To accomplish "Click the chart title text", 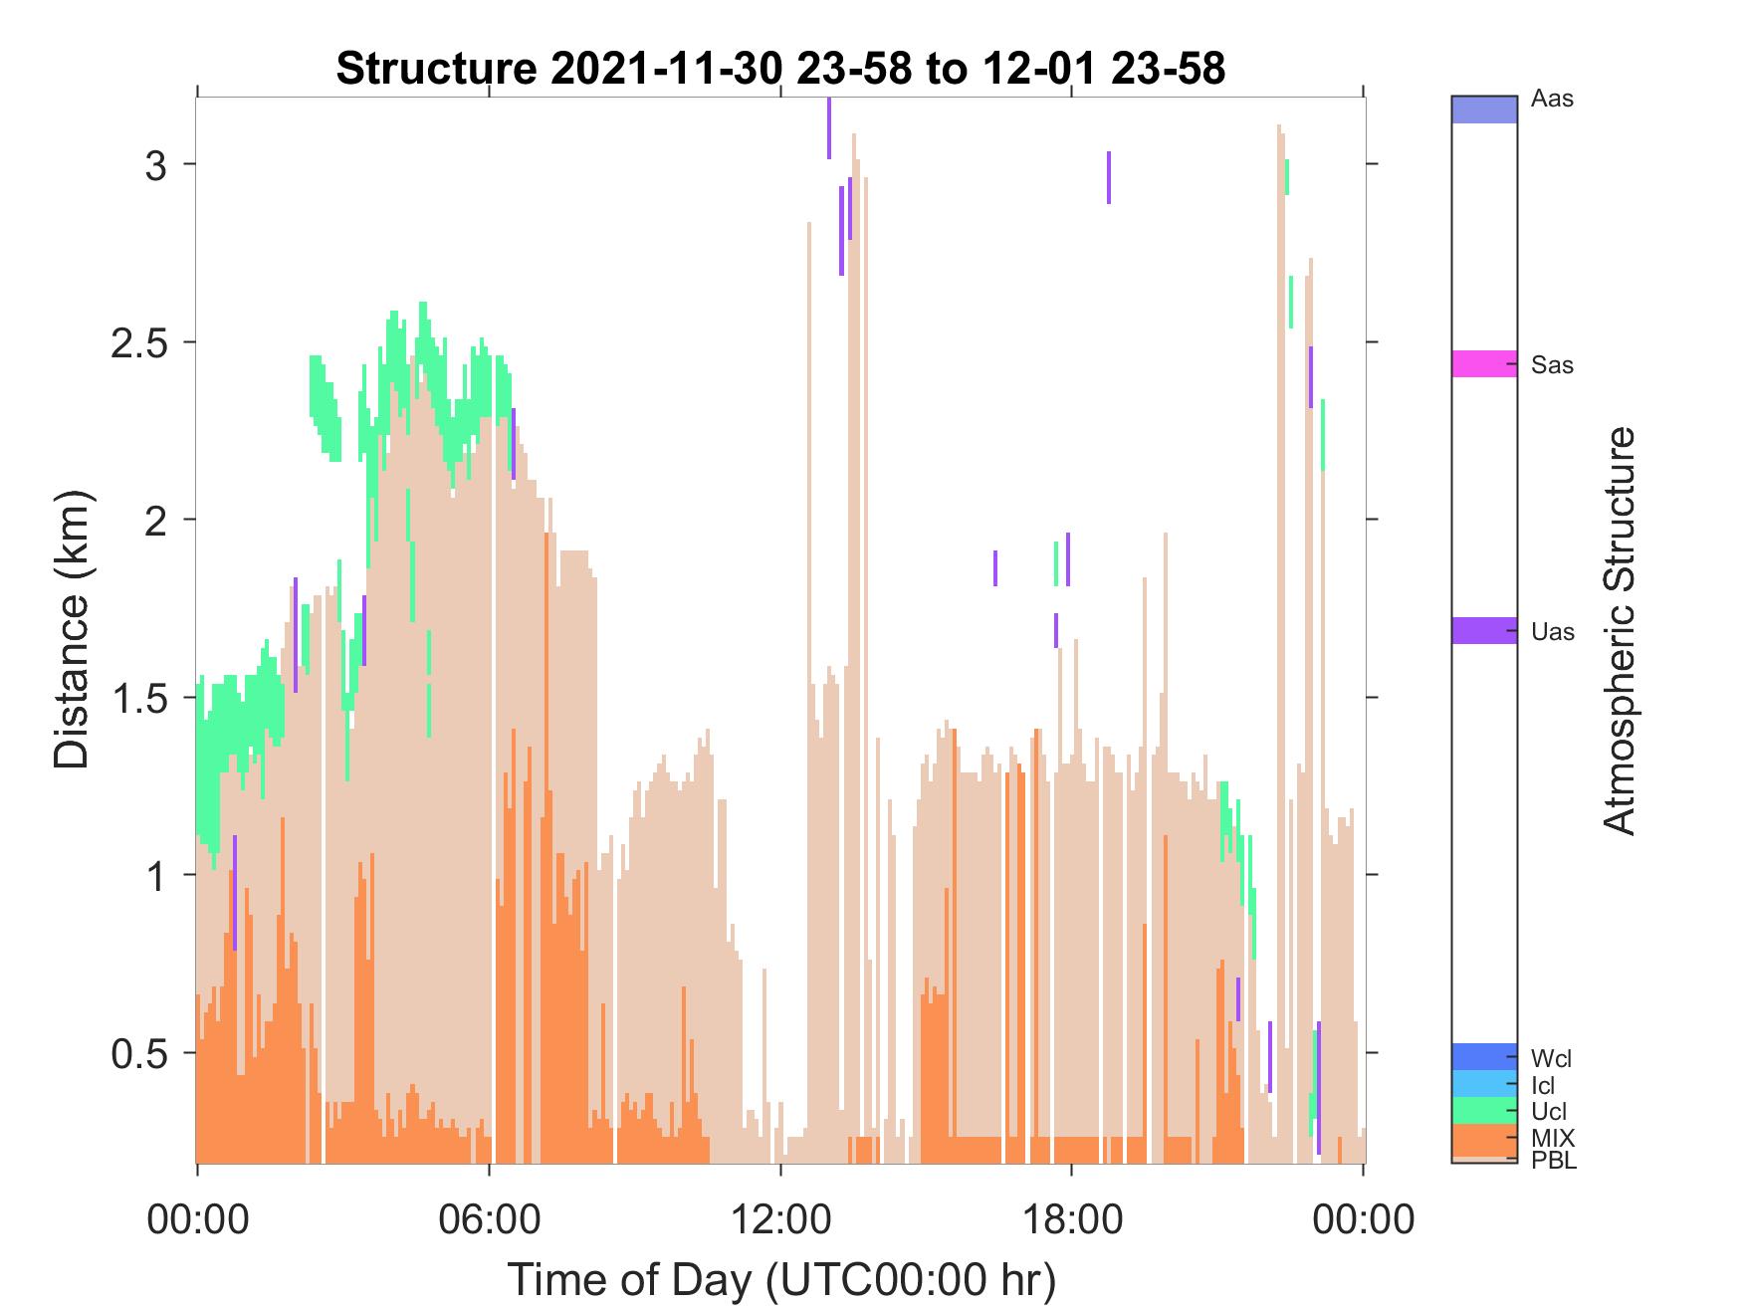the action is pyautogui.click(x=780, y=69).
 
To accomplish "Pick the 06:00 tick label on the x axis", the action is pyautogui.click(x=489, y=1218).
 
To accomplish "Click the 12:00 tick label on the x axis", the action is pyautogui.click(x=780, y=1218).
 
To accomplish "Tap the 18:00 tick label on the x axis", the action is pyautogui.click(x=1071, y=1218).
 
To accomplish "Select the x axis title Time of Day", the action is pyautogui.click(x=781, y=1279).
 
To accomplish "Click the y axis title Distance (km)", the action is pyautogui.click(x=72, y=629).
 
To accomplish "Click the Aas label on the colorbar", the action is pyautogui.click(x=1553, y=100).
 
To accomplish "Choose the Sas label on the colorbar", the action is pyautogui.click(x=1553, y=365).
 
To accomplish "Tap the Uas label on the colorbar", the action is pyautogui.click(x=1553, y=631).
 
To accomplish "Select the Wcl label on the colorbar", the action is pyautogui.click(x=1552, y=1057).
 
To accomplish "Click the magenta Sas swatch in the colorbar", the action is pyautogui.click(x=1484, y=363).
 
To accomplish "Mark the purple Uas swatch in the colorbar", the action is pyautogui.click(x=1484, y=630).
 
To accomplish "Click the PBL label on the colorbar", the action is pyautogui.click(x=1554, y=1161).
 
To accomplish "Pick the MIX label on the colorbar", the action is pyautogui.click(x=1553, y=1137).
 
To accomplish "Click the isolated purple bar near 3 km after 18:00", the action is pyautogui.click(x=1109, y=177).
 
